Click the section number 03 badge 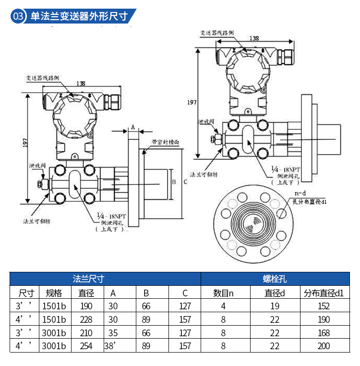click(x=18, y=16)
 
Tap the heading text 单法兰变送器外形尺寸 click(x=79, y=16)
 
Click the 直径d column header click(x=275, y=293)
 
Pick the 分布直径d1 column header click(x=324, y=293)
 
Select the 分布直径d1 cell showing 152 click(x=324, y=306)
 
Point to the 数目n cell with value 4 click(x=223, y=306)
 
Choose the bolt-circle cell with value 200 click(x=324, y=346)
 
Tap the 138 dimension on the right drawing click(x=254, y=38)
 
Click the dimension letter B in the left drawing click(x=174, y=182)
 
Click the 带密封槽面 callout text click(x=166, y=142)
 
